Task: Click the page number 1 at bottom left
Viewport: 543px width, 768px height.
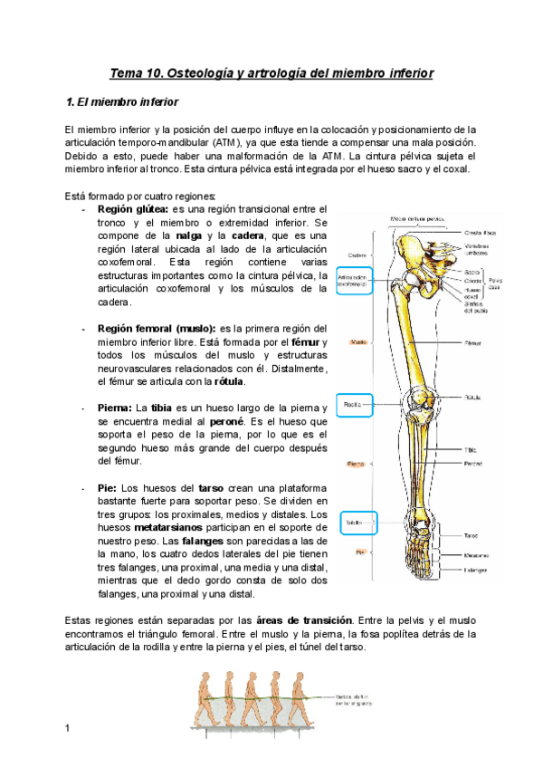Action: (x=67, y=728)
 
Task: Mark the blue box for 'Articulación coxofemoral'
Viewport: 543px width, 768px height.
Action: (x=352, y=281)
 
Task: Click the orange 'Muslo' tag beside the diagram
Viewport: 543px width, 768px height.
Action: (x=357, y=342)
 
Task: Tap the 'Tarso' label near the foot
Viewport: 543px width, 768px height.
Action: (x=471, y=535)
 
